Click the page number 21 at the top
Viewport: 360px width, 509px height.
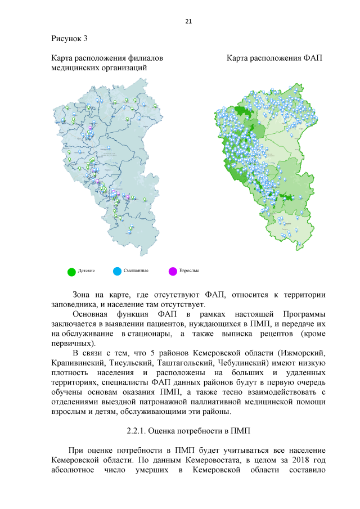[x=188, y=21]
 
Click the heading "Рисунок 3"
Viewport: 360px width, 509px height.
[x=69, y=38]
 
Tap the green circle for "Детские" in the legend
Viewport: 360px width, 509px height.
[x=71, y=272]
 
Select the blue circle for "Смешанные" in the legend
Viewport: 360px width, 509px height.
[x=117, y=272]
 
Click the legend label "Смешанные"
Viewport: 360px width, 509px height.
[x=136, y=271]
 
